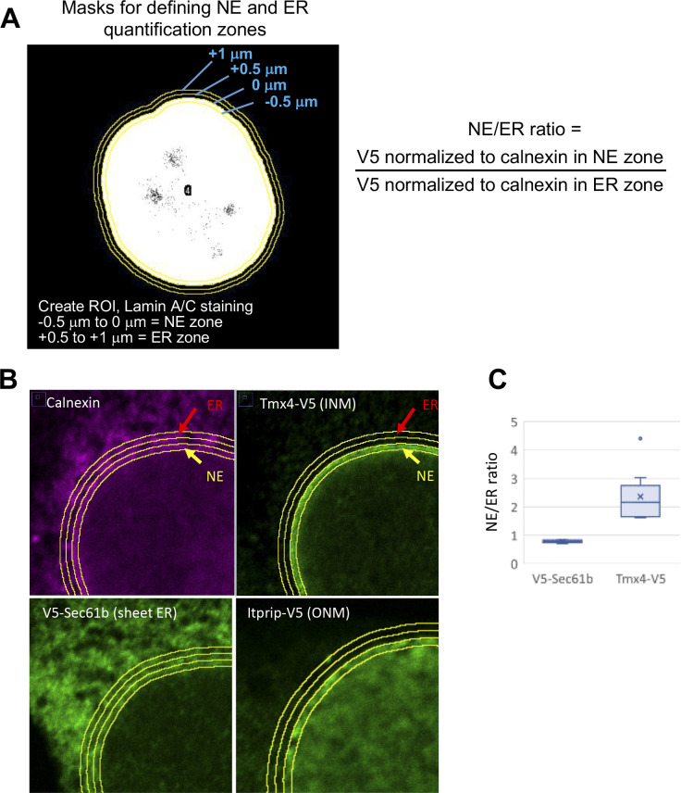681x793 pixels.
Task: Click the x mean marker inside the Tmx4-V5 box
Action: click(x=640, y=497)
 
